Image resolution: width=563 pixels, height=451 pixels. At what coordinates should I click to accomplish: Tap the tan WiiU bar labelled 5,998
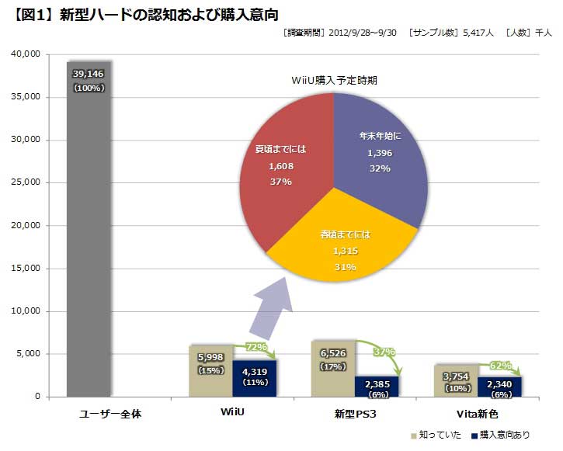pyautogui.click(x=210, y=380)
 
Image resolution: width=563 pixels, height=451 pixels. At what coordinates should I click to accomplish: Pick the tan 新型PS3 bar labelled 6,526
pyautogui.click(x=332, y=376)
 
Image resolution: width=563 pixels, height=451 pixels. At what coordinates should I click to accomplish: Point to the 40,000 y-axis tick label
pyautogui.click(x=25, y=54)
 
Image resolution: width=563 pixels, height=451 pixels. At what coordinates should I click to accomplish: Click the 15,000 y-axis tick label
pyautogui.click(x=25, y=269)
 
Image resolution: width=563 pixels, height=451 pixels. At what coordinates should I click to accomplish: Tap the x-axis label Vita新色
pyautogui.click(x=477, y=413)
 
